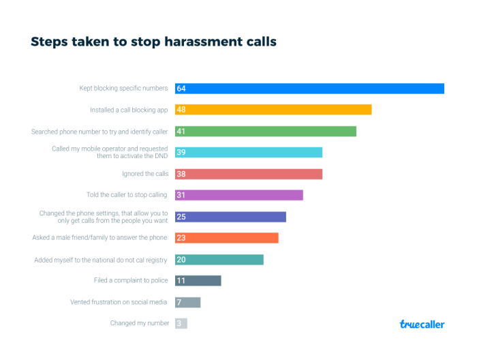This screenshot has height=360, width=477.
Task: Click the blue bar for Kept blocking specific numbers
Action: pos(309,89)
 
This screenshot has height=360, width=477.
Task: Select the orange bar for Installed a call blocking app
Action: pos(273,110)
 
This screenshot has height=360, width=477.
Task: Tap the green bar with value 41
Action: pos(266,132)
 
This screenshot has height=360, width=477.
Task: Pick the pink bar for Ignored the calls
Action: pos(249,174)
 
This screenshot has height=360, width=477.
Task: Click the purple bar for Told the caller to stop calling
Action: pos(238,195)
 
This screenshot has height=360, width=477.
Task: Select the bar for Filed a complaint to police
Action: pos(198,280)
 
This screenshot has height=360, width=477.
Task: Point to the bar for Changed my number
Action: pos(181,323)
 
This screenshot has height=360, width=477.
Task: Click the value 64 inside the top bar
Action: pos(181,89)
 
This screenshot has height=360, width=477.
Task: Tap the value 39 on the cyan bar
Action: pos(181,153)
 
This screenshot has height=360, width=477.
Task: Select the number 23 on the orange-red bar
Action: pos(181,238)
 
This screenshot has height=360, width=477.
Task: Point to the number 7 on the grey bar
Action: pos(179,302)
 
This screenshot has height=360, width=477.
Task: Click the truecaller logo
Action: pos(422,325)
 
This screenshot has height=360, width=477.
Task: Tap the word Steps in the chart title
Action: pos(50,42)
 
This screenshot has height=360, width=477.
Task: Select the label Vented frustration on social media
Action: pos(119,301)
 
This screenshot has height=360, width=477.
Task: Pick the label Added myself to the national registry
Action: pos(102,259)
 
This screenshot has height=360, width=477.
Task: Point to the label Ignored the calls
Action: pos(145,174)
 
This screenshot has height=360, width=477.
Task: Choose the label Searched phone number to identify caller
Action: pos(100,131)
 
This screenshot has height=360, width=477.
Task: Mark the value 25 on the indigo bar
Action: pos(181,217)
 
